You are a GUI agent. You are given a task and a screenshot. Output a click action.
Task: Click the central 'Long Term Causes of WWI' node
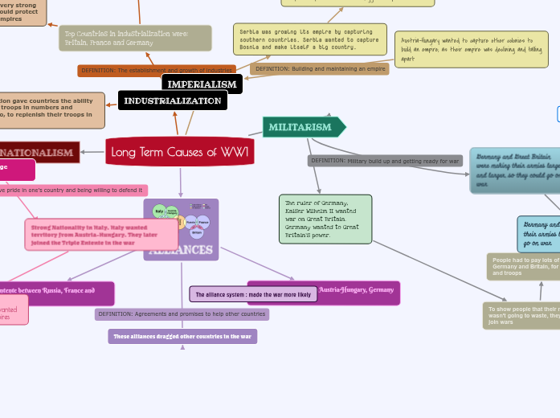coord(180,152)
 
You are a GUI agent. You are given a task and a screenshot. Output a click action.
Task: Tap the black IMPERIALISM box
coord(202,84)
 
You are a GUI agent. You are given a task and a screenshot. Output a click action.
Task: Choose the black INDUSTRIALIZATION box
coord(173,100)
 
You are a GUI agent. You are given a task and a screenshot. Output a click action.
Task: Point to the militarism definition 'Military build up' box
coord(385,161)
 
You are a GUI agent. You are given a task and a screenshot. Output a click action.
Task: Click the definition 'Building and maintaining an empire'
coord(319,69)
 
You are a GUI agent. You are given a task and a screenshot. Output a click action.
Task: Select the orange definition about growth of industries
coord(157,71)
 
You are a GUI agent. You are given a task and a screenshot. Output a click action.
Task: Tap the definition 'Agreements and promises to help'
coord(182,314)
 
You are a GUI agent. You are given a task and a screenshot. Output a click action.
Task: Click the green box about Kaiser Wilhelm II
coord(325,219)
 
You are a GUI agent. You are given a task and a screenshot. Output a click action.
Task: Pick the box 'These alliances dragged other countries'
coord(182,336)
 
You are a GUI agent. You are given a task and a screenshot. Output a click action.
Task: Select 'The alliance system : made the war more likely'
coord(253,294)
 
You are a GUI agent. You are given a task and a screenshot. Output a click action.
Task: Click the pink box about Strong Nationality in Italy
coord(101,235)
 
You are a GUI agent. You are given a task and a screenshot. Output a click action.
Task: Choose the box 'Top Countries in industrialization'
coord(135,38)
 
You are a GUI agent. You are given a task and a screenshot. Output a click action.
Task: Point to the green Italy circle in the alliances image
coord(159,211)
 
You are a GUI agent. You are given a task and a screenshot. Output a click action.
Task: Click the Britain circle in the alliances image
coord(196,233)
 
